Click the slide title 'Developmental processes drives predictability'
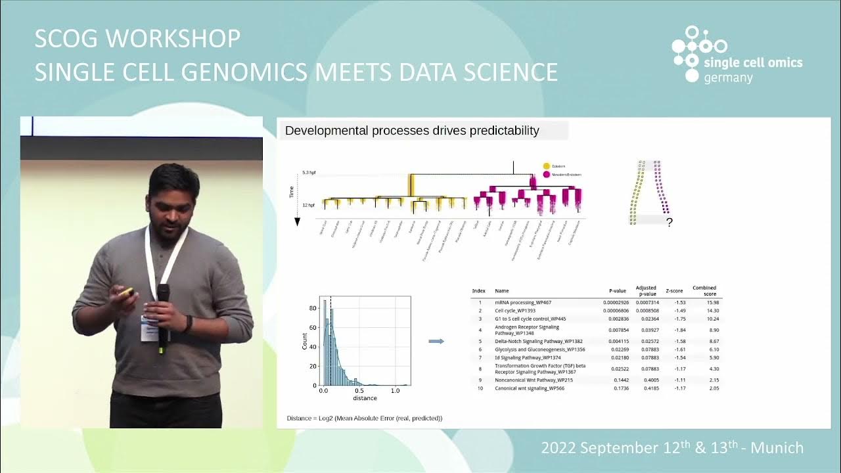coord(412,131)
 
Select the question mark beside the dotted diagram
coord(670,223)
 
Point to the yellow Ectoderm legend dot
coord(547,167)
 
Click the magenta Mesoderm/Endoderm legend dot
coord(547,175)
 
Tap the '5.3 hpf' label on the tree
coord(309,173)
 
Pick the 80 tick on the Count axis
coord(314,307)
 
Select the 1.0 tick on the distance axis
coord(395,390)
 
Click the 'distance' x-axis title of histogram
coord(365,398)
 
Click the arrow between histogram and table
coord(436,341)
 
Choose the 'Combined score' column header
coord(704,290)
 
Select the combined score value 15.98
coord(712,302)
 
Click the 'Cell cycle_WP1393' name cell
coord(515,310)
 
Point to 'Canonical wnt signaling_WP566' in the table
coord(529,388)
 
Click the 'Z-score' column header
coord(674,290)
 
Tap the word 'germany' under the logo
coord(728,78)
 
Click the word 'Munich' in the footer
coord(777,448)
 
